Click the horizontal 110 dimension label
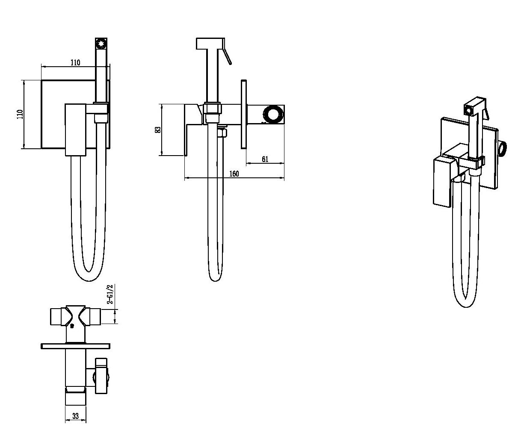tap(75, 62)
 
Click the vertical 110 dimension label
tap(20, 114)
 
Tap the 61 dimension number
tap(265, 159)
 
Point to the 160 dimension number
tap(234, 174)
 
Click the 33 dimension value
tap(75, 416)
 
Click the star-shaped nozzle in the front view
tap(101, 44)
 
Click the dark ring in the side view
tap(273, 115)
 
